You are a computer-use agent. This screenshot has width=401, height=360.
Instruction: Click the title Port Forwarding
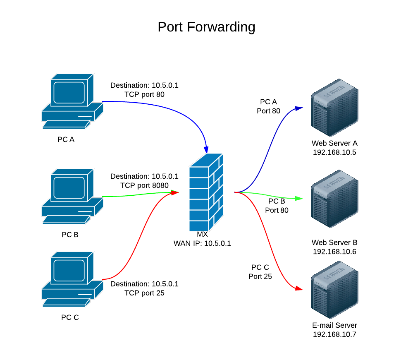206,27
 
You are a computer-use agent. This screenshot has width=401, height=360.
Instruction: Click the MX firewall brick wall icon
206,192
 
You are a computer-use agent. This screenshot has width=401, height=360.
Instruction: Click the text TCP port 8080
144,185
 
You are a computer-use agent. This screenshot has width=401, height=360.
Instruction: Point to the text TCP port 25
144,293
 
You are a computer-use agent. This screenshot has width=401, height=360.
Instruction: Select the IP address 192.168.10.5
334,152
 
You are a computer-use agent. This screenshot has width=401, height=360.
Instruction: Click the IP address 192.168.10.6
334,252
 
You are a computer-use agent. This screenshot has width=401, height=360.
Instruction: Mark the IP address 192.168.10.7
334,334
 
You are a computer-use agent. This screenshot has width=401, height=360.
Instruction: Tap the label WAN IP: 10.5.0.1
202,243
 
